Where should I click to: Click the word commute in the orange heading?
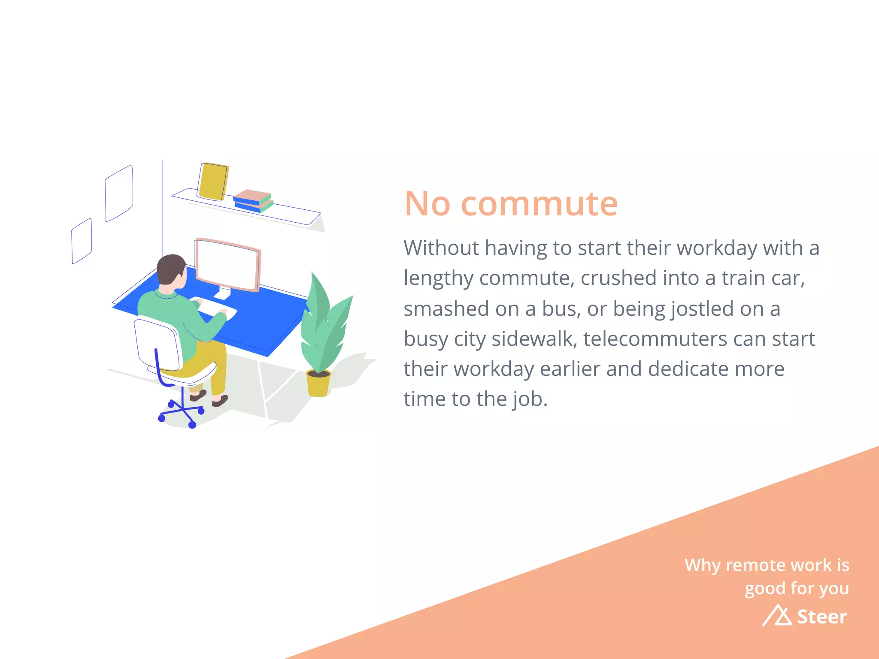coord(539,204)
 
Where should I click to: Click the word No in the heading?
coord(427,204)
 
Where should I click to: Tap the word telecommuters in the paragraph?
coord(655,339)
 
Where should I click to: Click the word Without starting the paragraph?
coord(441,248)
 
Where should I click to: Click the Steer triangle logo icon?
coord(778,616)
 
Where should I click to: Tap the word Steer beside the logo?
coord(822,617)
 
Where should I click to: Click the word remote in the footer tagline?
coord(754,565)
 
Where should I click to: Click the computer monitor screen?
coord(227,265)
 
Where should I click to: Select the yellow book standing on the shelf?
coord(213,181)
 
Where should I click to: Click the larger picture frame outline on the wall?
coord(119,193)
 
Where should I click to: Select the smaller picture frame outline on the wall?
coord(82,241)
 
